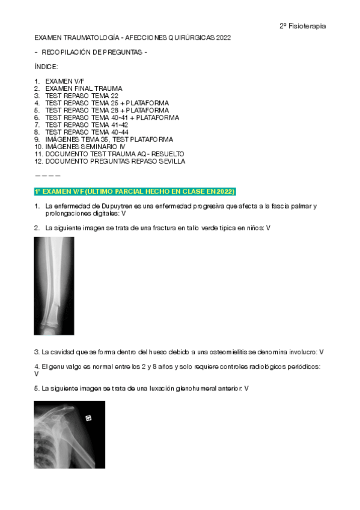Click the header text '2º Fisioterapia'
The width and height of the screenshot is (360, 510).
tap(303, 26)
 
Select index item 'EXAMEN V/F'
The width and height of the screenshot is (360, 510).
tap(64, 81)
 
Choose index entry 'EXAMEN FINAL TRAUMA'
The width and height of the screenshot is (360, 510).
tap(84, 88)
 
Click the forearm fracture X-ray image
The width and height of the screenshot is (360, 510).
tap(53, 286)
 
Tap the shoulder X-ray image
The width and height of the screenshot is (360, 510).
tap(69, 434)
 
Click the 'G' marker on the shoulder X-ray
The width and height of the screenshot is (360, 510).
tap(88, 418)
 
